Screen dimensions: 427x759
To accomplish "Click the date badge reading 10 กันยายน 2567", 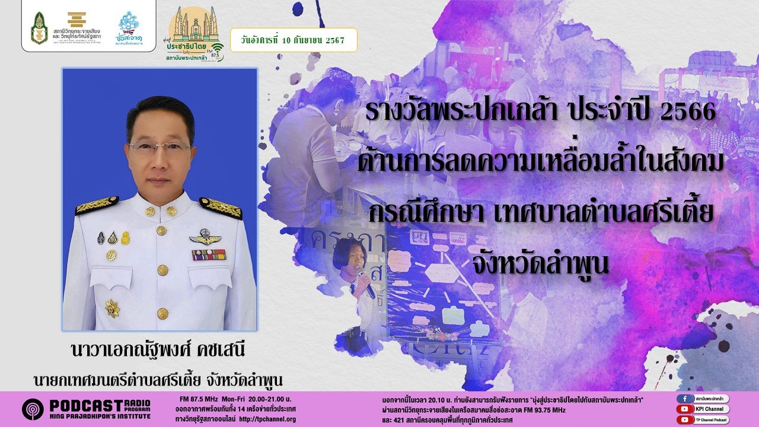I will [294, 40].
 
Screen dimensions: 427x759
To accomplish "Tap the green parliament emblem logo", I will [40, 28].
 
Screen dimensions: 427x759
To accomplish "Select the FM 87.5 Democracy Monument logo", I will [193, 33].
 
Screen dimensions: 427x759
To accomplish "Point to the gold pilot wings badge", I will [205, 238].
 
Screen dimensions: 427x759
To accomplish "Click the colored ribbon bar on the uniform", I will [208, 254].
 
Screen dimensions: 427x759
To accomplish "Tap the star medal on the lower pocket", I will [112, 307].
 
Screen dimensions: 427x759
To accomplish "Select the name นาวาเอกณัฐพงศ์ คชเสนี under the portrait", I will [157, 350].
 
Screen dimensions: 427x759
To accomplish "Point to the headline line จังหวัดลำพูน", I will [540, 266].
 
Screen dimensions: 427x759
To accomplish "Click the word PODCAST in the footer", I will [86, 405].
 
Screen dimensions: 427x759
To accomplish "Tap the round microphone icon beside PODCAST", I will [33, 409].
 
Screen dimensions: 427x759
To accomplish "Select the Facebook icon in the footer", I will [684, 399].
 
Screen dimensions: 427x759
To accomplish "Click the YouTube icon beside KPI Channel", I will [684, 409].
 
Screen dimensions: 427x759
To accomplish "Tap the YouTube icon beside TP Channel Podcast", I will [684, 419].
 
